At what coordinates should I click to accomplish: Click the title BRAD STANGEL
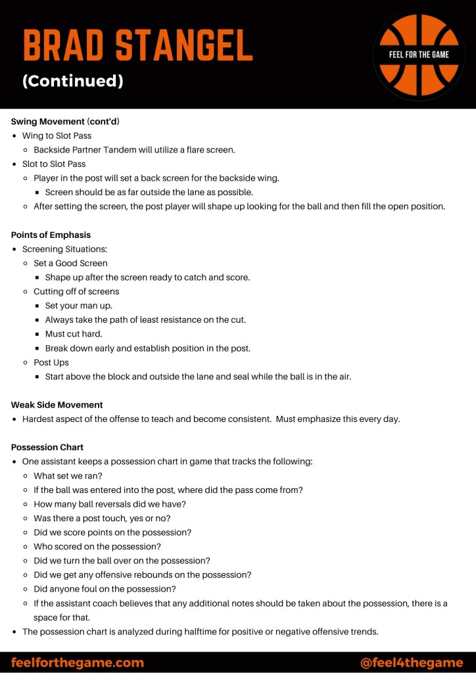point(137,46)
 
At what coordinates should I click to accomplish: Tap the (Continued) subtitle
point(72,81)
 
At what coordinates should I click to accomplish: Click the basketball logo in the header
point(419,54)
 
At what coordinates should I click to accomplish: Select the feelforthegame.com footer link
point(77,662)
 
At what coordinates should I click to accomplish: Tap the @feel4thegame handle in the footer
point(412,662)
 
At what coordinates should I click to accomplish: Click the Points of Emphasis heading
point(51,235)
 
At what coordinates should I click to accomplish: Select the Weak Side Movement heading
point(57,405)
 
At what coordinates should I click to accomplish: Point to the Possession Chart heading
point(47,448)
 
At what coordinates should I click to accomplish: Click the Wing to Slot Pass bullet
point(57,136)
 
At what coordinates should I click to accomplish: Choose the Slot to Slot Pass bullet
point(54,164)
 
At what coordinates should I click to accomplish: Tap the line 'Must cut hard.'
point(74,334)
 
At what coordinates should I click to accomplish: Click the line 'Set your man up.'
point(78,306)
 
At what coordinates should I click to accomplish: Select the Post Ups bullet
point(51,362)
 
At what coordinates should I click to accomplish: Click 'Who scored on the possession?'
point(97,546)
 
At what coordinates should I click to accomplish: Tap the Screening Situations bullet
point(64,249)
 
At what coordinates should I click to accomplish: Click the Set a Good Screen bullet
point(70,263)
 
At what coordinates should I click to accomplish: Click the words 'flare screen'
point(210,150)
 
